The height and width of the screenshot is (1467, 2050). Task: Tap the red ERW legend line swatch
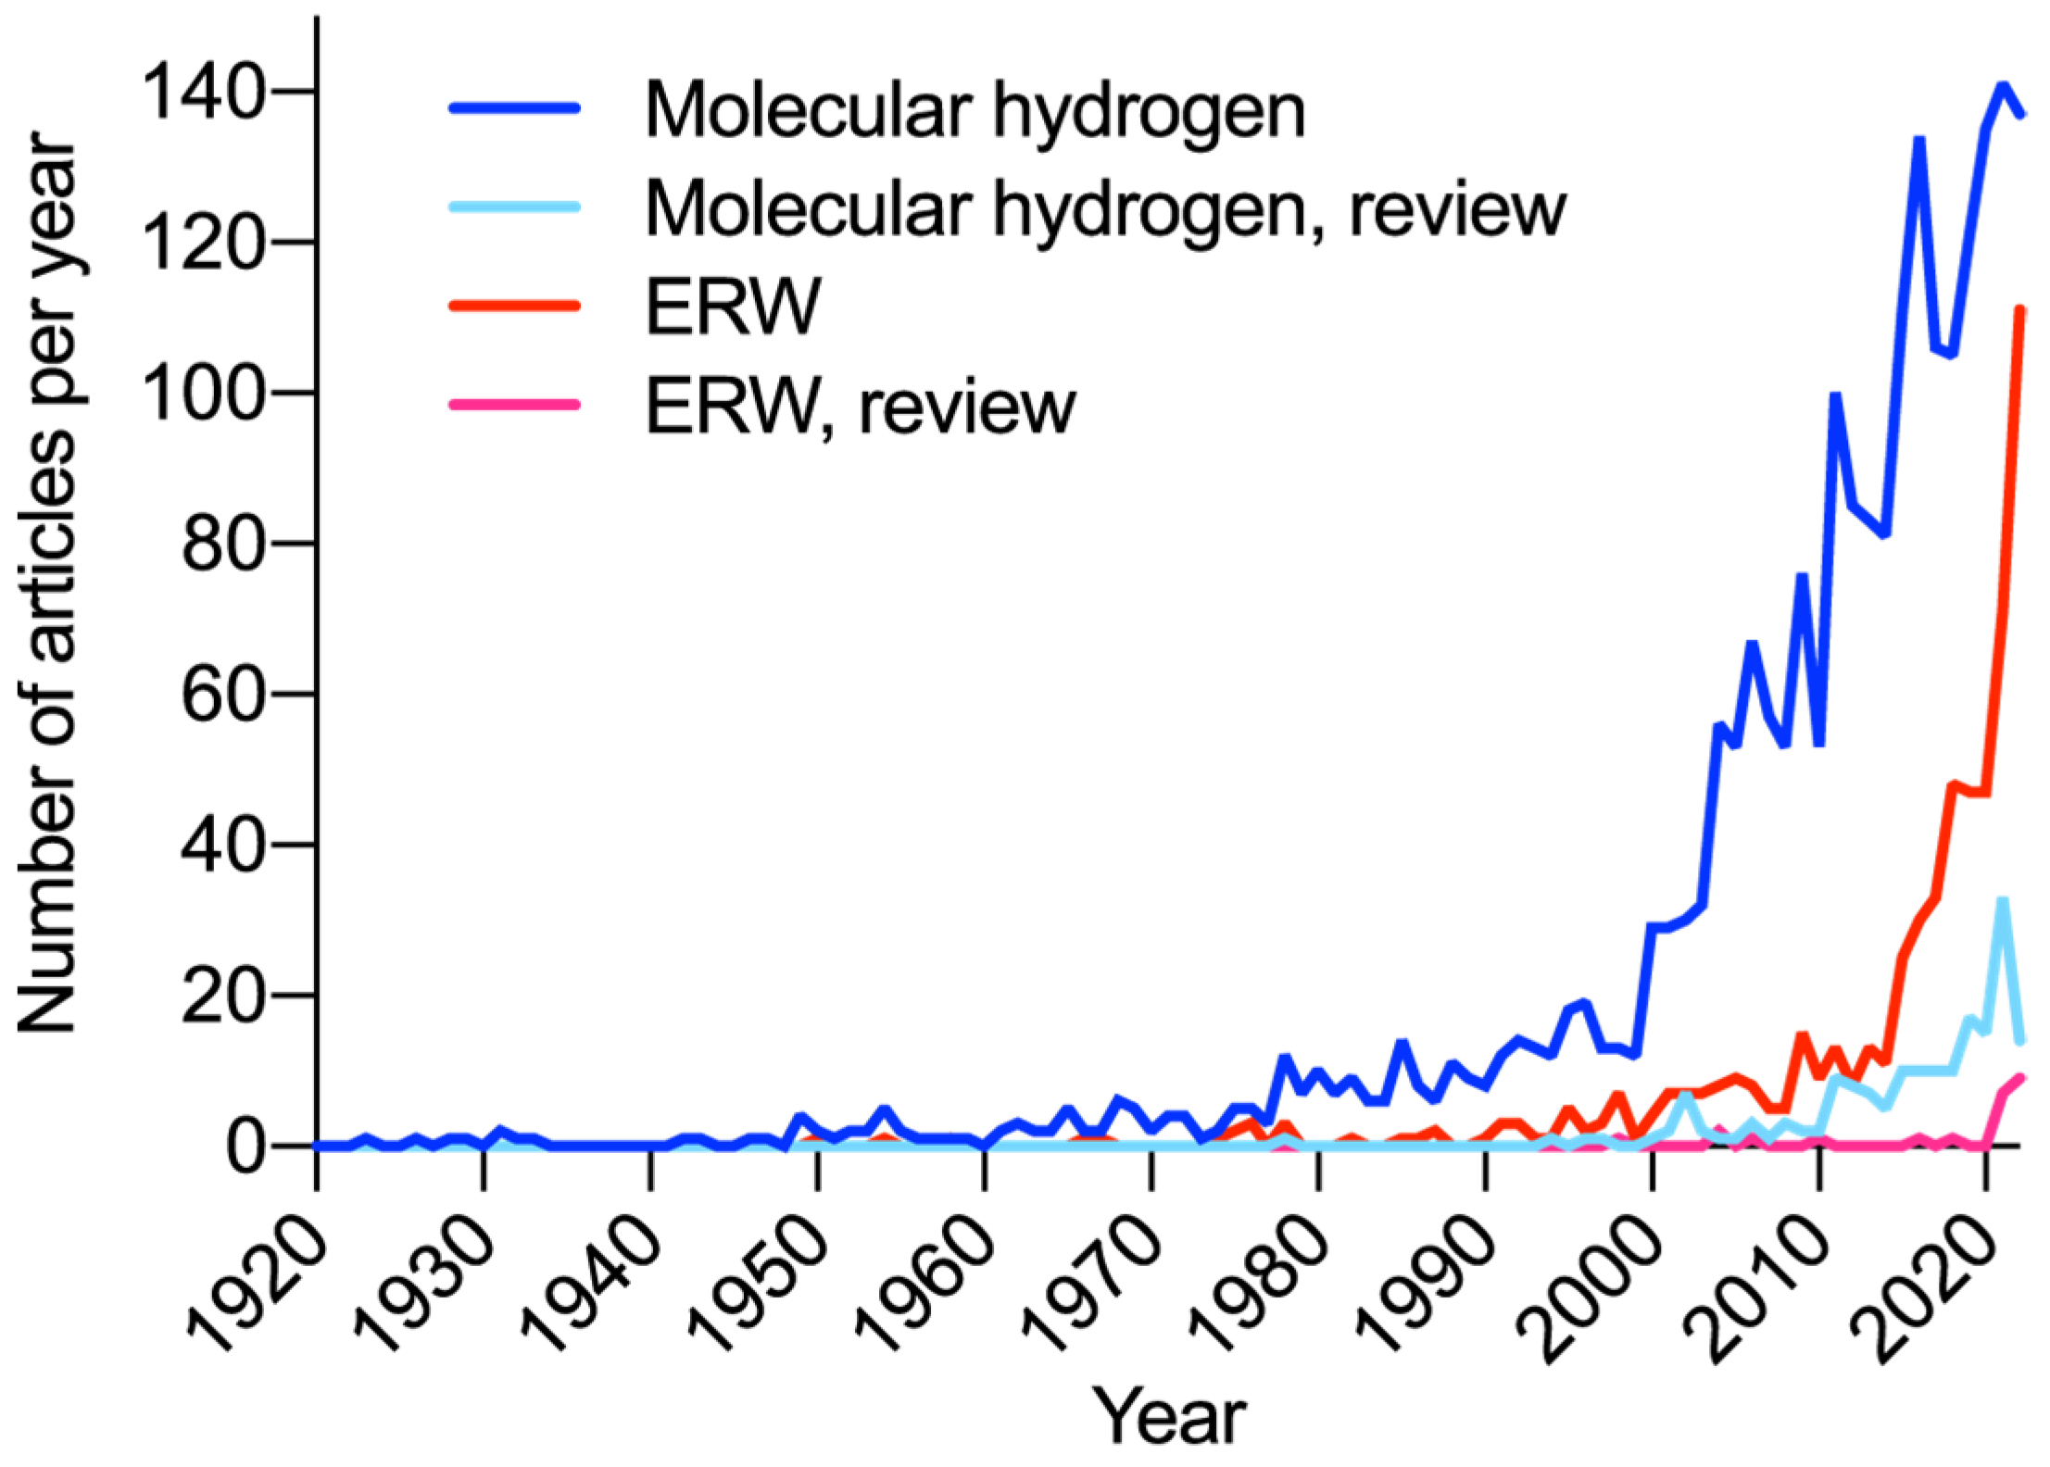point(515,306)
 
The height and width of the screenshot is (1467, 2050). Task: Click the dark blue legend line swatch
point(515,108)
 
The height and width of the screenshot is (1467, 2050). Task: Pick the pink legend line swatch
point(515,405)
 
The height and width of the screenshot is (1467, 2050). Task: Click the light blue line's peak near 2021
point(2002,901)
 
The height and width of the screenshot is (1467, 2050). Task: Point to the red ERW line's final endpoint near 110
point(2020,310)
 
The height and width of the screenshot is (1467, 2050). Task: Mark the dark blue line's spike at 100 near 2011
point(1834,396)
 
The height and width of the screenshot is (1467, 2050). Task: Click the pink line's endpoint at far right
point(2021,1077)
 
